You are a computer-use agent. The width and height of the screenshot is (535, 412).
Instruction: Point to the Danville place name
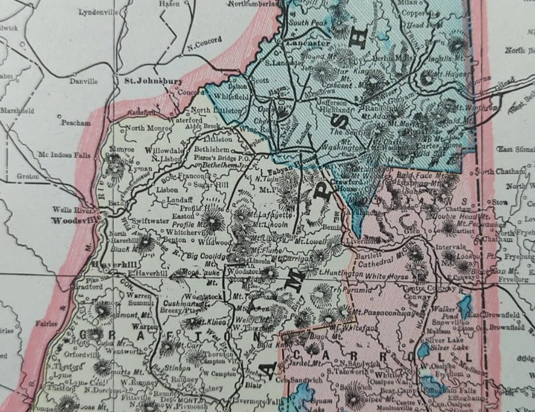[x=83, y=82]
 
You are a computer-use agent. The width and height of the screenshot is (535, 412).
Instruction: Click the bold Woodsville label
[x=73, y=221]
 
